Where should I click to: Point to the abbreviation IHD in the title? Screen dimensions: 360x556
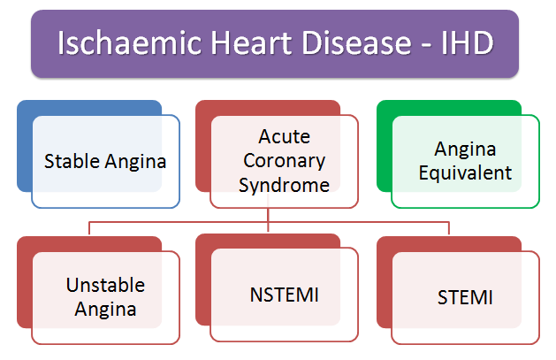pos(463,43)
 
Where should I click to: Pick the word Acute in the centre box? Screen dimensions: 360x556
pos(283,139)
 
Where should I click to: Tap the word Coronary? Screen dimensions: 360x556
pos(283,162)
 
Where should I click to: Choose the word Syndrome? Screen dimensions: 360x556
pos(283,185)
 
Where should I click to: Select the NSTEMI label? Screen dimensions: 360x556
pos(284,292)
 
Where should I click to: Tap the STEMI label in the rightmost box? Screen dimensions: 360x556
pos(465,297)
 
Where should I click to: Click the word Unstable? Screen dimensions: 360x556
pos(105,286)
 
